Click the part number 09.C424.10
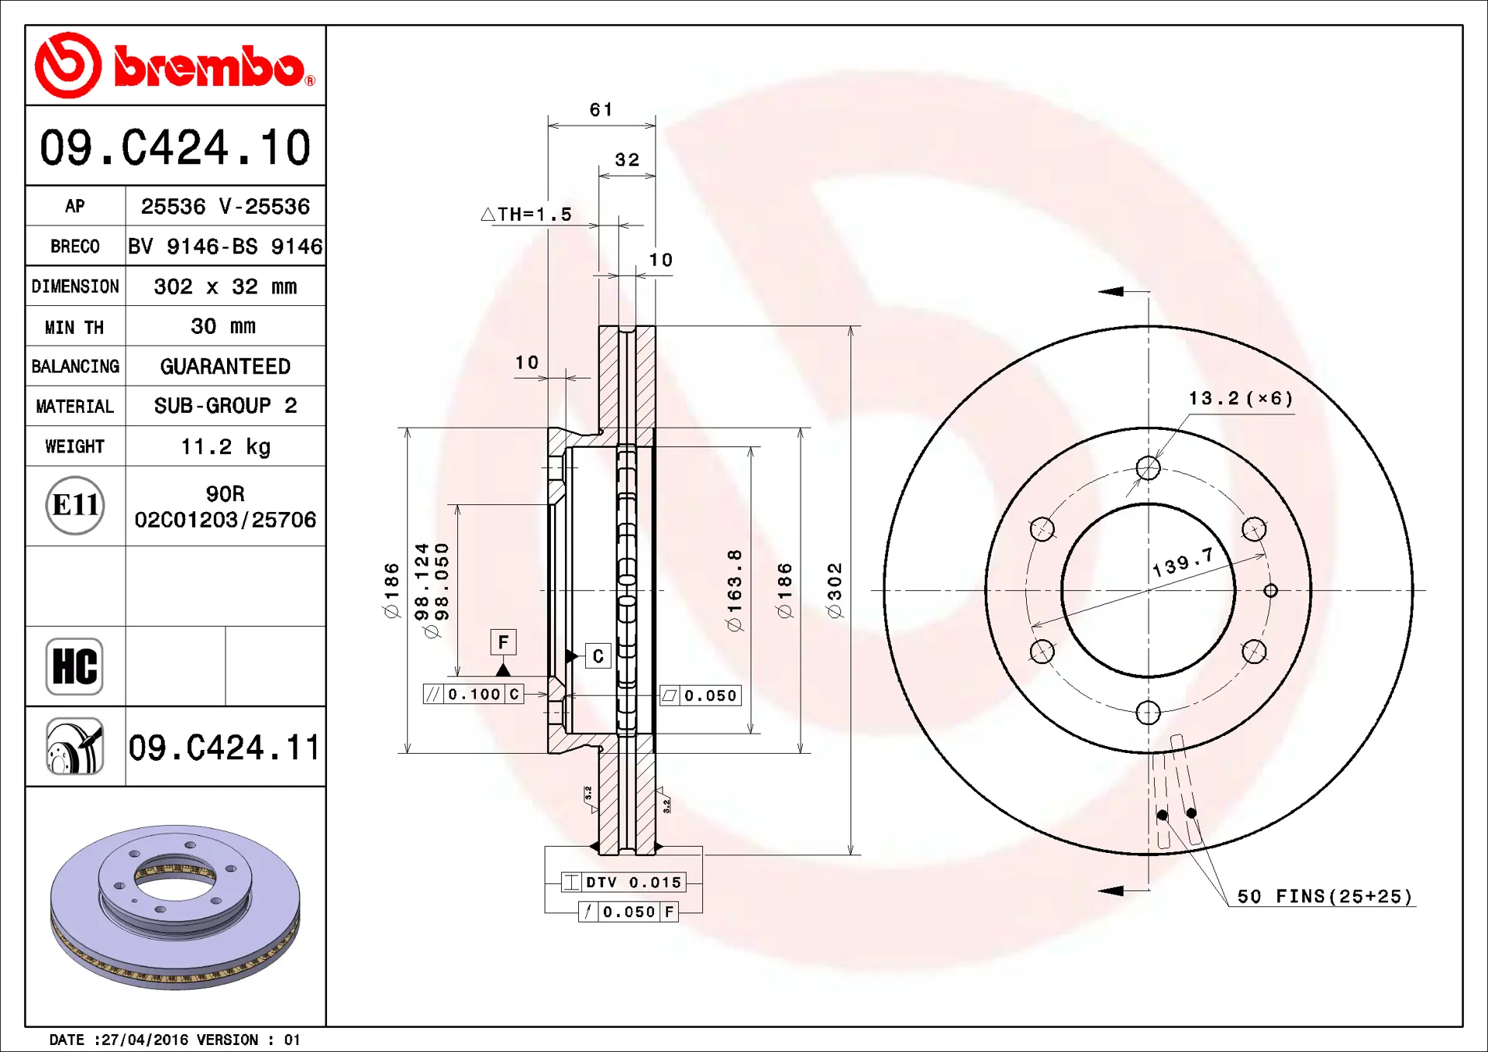(175, 147)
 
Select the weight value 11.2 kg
(226, 447)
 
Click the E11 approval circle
(75, 505)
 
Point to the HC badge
(74, 666)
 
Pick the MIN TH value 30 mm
(223, 326)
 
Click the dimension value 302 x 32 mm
(226, 287)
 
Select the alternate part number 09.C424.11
(224, 748)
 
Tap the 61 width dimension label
(601, 110)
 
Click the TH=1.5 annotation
(526, 215)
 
